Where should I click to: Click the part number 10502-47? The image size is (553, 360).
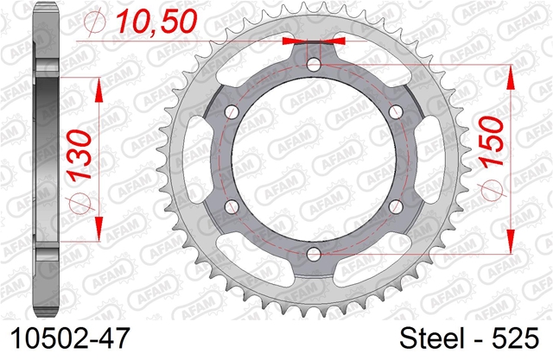[70, 338]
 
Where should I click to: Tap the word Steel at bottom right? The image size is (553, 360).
[432, 338]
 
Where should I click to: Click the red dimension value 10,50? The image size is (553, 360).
[156, 22]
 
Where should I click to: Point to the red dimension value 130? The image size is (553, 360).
[80, 155]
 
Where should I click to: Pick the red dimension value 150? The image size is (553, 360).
[492, 141]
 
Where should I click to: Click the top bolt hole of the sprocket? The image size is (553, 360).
[314, 65]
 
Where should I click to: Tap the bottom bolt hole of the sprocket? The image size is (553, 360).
[314, 254]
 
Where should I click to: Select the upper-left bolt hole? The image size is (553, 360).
[232, 112]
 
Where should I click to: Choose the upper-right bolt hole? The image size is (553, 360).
[396, 112]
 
